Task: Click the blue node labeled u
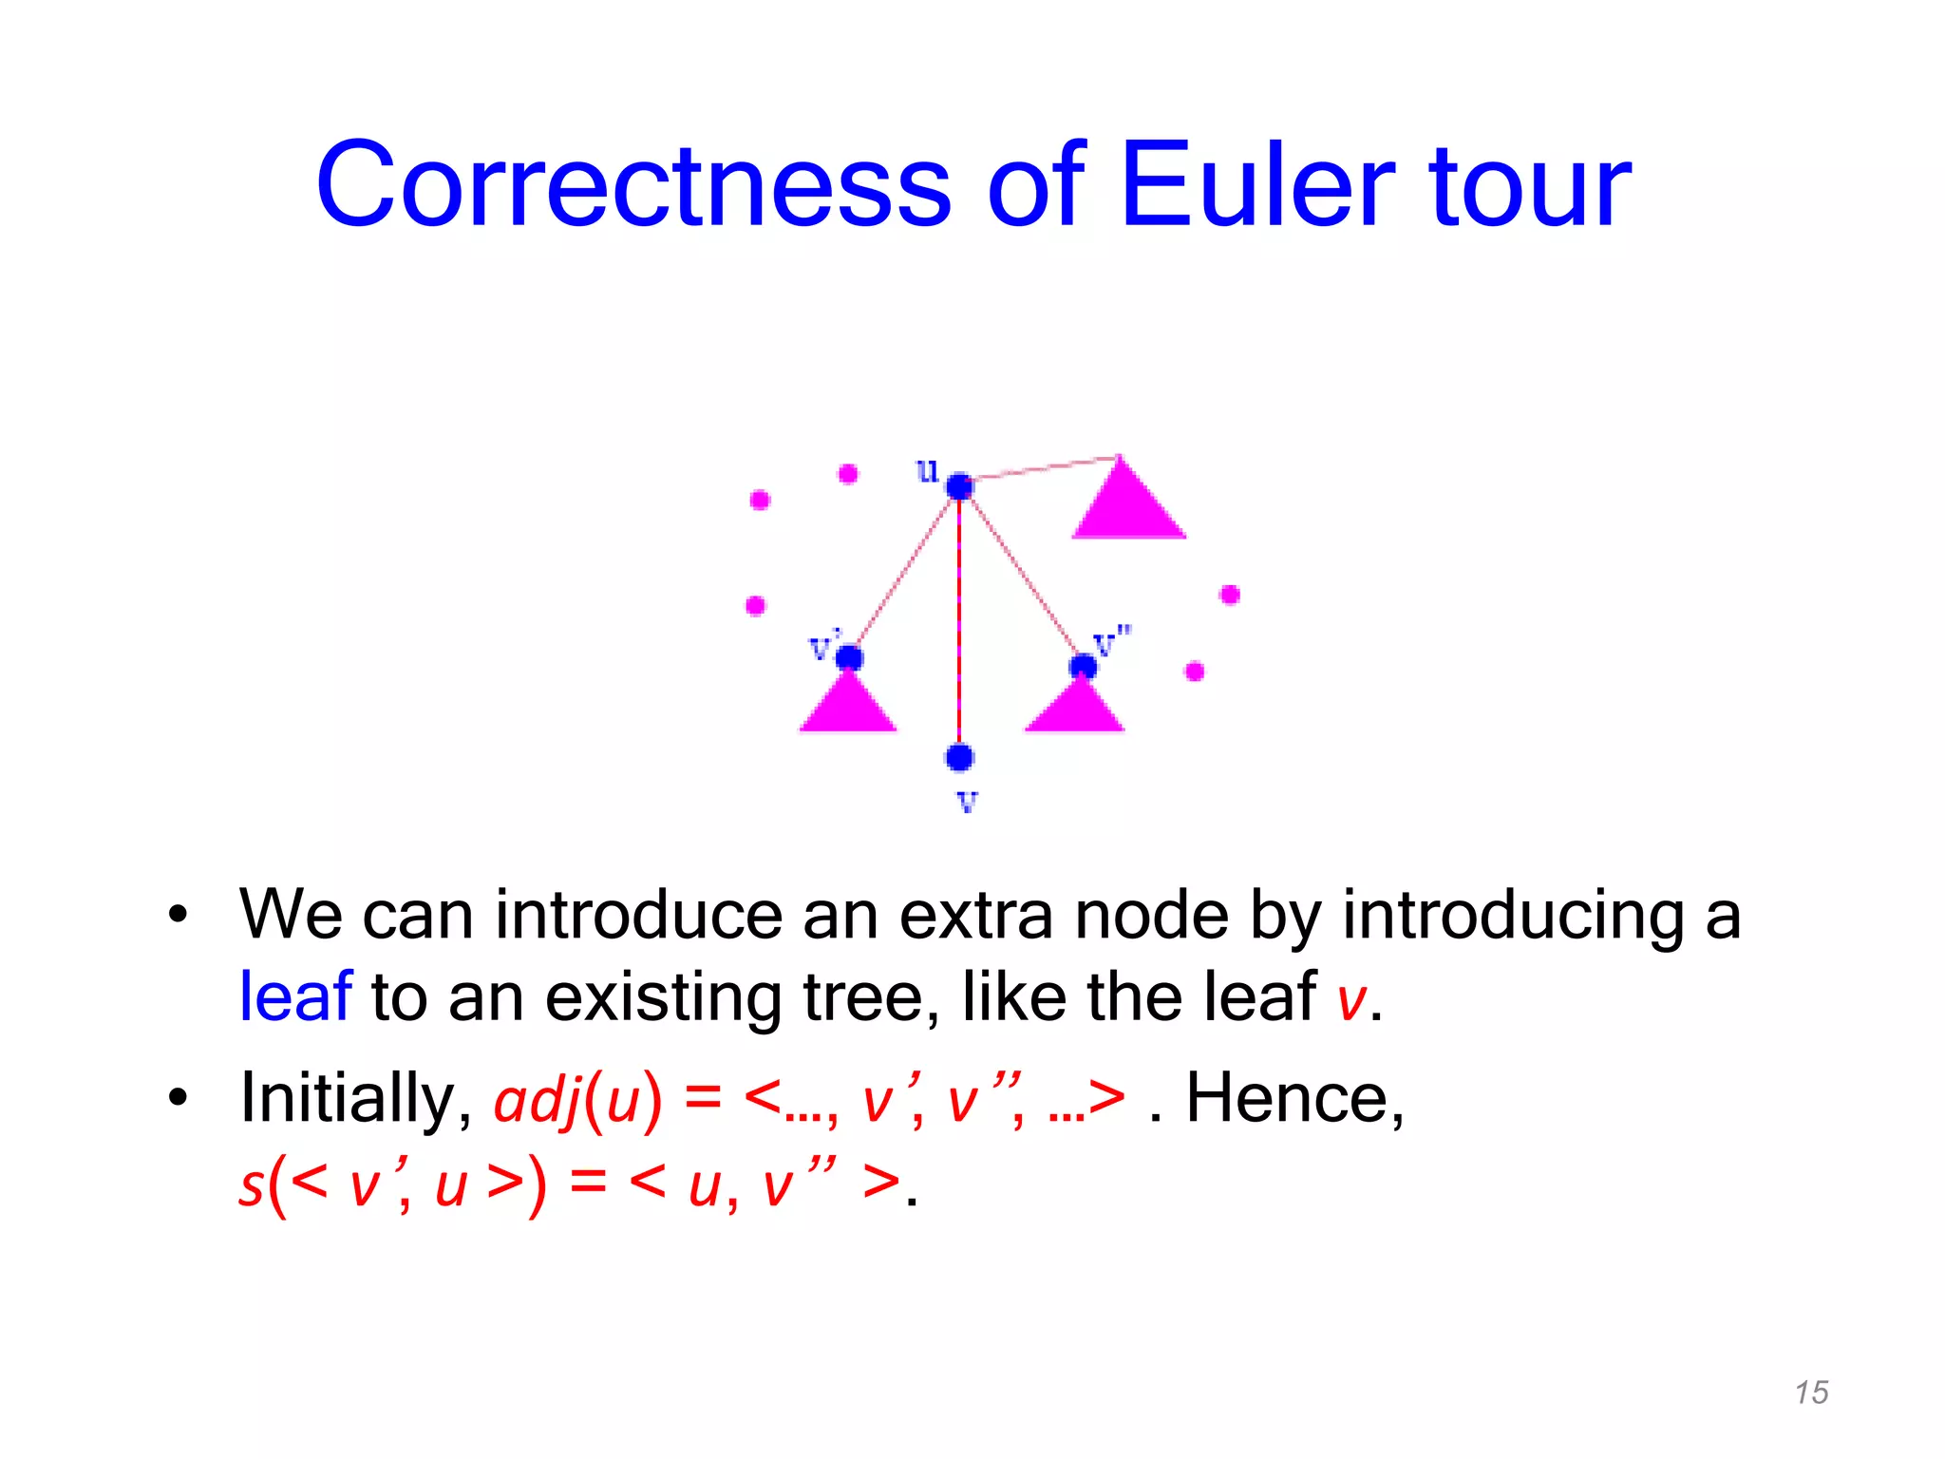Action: tap(959, 486)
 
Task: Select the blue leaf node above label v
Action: tap(959, 757)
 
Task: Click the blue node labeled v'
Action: tap(848, 657)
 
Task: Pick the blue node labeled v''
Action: tap(1083, 666)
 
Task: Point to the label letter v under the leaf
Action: tap(967, 802)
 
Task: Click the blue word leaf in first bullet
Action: tap(295, 996)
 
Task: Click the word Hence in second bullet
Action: tap(1294, 1099)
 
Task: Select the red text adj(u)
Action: tap(577, 1100)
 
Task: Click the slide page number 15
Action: tap(1811, 1393)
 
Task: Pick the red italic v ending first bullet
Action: tap(1350, 1000)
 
